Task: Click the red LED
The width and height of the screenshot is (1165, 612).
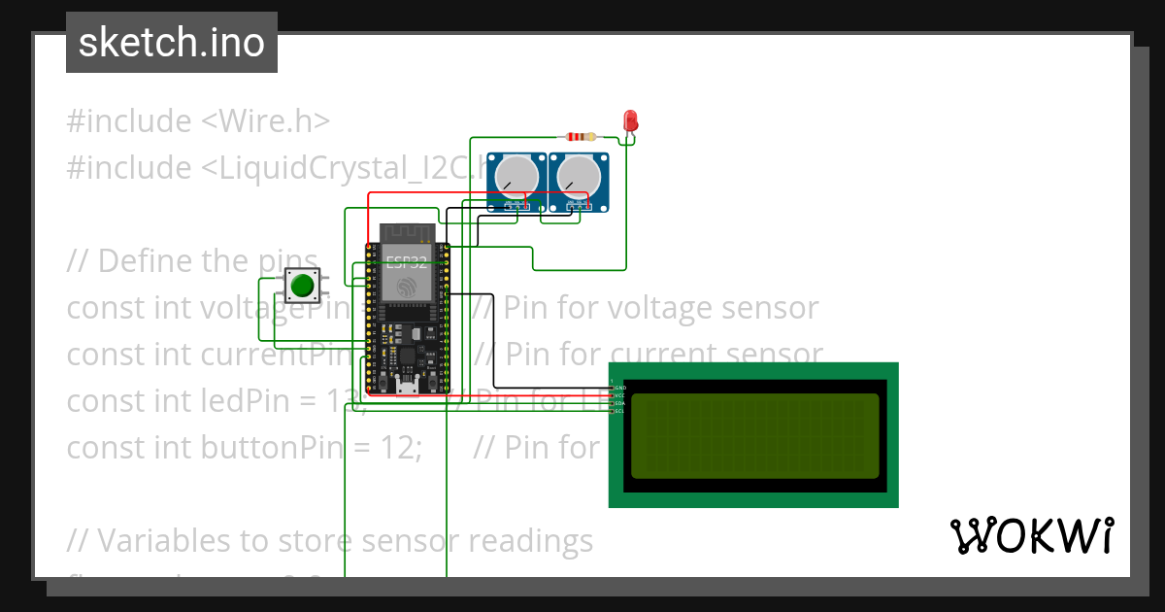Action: [630, 121]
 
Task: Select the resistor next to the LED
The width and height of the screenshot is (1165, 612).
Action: [580, 137]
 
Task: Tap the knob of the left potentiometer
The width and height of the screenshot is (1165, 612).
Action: [516, 176]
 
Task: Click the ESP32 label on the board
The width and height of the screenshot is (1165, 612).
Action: [405, 260]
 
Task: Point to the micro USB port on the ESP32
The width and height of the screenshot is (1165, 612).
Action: [408, 390]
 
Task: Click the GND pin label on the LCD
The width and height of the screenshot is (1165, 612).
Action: [619, 388]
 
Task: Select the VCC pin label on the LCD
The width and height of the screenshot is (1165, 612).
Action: [619, 395]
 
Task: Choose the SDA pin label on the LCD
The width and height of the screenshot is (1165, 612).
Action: [619, 403]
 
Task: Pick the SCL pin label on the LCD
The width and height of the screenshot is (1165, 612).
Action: [619, 411]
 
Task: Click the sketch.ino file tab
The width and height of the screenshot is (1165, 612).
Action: [172, 43]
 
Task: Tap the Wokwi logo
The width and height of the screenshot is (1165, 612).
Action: [1031, 535]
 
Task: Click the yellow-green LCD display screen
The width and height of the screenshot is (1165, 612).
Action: [754, 436]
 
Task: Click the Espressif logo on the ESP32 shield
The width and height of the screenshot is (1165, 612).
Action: [406, 287]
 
